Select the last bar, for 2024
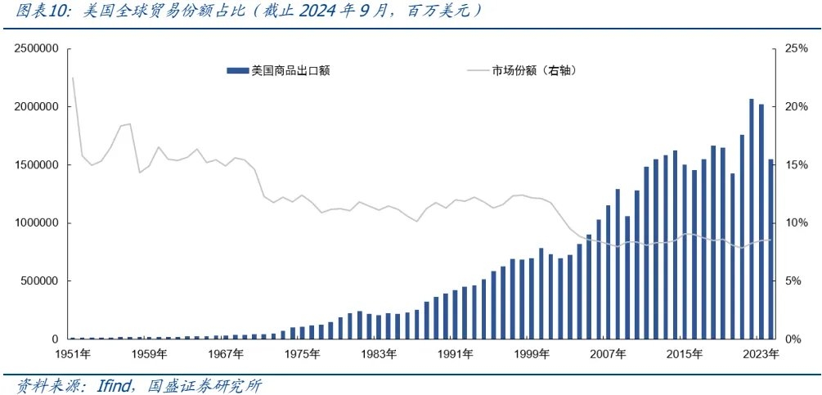[770, 249]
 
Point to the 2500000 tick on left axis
[35, 49]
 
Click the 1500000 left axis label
[35, 165]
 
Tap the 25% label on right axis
[796, 49]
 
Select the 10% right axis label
[796, 223]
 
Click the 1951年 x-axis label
[74, 354]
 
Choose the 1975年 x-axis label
[303, 354]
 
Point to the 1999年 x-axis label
[532, 354]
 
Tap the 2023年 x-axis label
[761, 354]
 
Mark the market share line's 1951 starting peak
[73, 78]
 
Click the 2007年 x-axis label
[609, 354]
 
